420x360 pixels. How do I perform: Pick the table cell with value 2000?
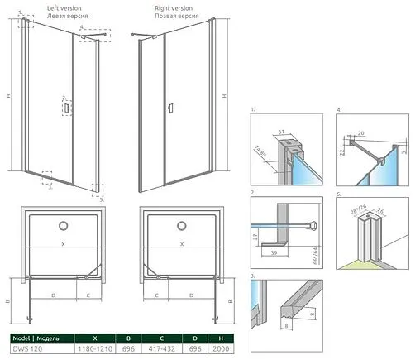point(217,349)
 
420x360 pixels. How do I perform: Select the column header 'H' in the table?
point(217,338)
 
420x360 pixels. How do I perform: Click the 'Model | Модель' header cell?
point(34,338)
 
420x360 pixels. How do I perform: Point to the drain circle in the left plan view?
point(64,225)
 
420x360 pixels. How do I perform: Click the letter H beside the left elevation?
point(7,96)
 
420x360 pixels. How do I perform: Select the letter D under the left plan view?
point(53,294)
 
